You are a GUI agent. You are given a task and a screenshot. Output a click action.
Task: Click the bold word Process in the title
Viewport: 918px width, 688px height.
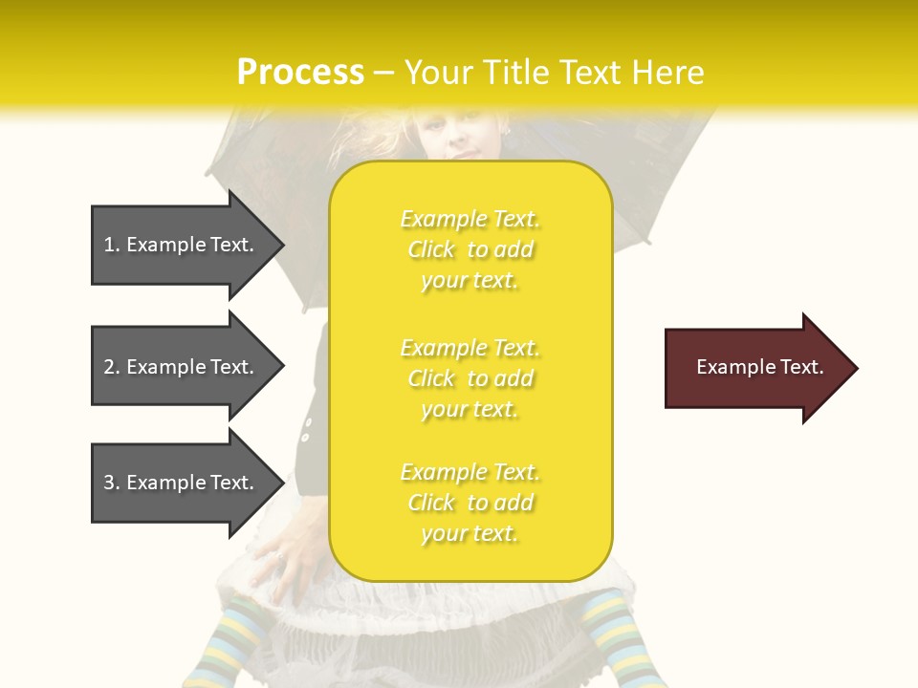point(300,73)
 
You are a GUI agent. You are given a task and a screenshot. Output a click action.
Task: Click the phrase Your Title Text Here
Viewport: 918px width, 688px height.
point(555,73)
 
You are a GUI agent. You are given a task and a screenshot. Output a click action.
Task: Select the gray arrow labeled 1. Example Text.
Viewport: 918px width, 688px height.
point(182,245)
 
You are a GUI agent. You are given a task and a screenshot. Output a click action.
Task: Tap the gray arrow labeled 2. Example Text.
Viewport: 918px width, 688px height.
point(182,367)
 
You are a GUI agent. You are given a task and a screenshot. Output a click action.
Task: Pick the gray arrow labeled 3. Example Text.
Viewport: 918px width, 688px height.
point(182,483)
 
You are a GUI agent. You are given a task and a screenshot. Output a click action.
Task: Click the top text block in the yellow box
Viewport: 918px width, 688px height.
point(470,249)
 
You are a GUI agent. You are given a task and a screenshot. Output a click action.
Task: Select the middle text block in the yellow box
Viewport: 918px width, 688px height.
point(470,378)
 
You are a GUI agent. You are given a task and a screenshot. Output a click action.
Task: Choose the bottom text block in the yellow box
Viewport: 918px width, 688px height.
point(470,503)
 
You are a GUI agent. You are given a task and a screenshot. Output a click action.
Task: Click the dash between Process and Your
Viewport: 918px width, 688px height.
point(383,73)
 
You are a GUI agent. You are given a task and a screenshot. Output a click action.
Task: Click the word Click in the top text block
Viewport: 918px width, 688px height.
point(431,249)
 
